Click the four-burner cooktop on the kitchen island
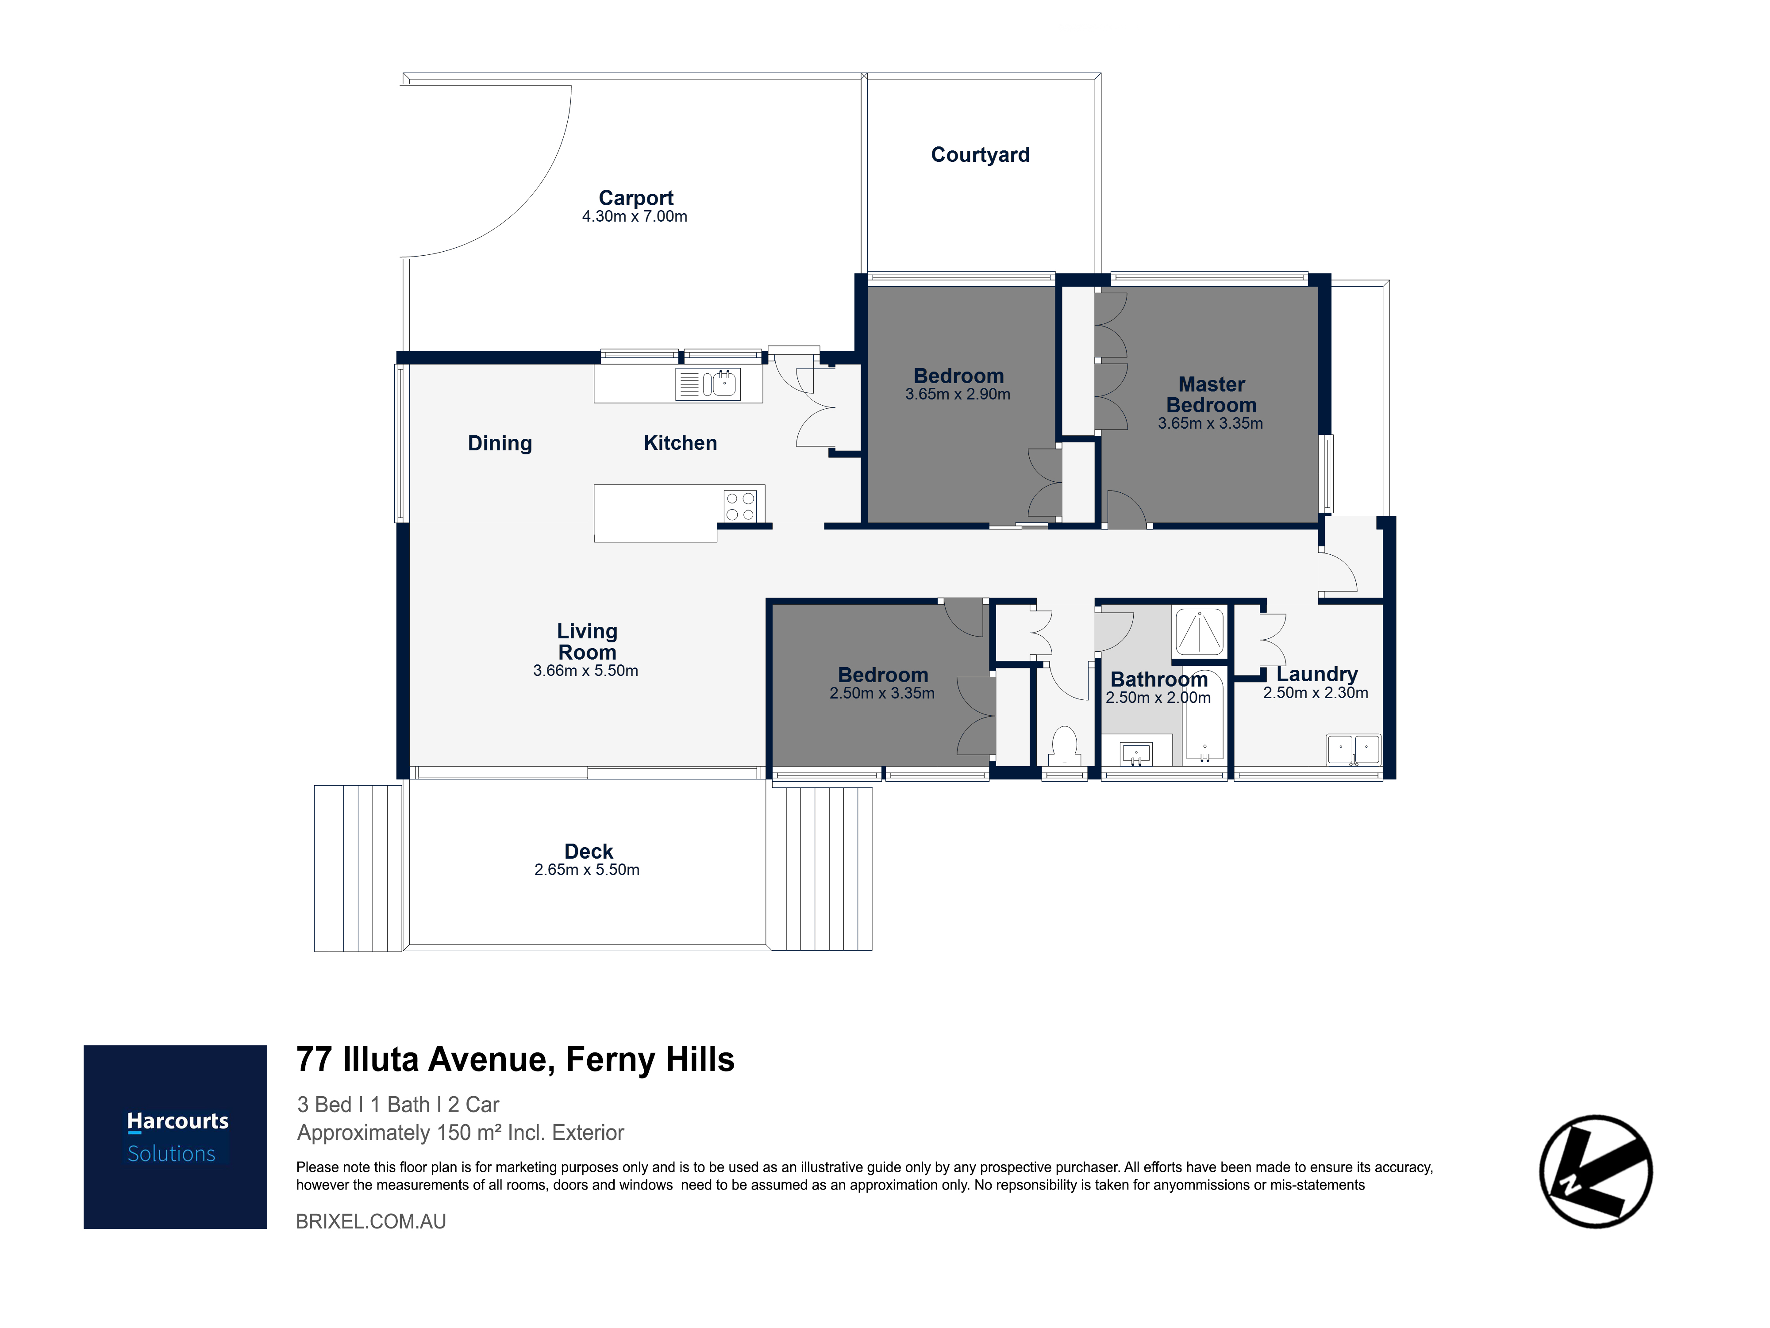coord(740,507)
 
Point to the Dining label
coord(500,443)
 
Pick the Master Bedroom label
coord(1212,395)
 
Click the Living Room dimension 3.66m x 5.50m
coord(586,670)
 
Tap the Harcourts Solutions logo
coord(175,1137)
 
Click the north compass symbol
coord(1597,1171)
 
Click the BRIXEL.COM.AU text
coord(371,1221)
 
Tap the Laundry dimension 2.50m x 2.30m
coord(1316,693)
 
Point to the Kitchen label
coord(680,443)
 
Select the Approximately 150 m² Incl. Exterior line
coord(460,1133)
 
